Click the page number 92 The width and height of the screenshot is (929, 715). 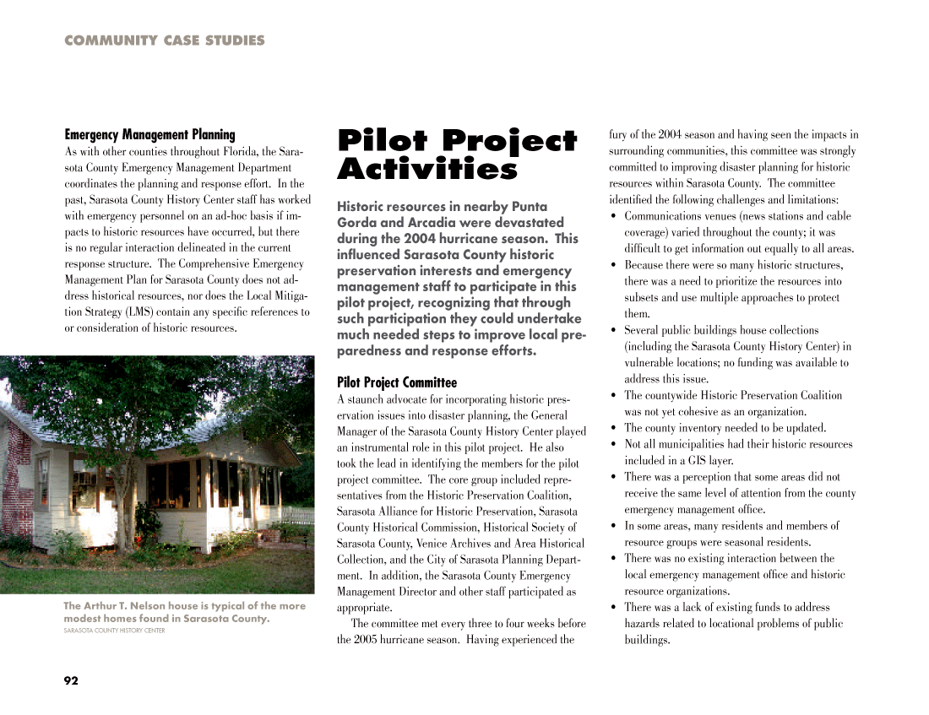[71, 680]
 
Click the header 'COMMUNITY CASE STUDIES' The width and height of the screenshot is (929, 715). [164, 41]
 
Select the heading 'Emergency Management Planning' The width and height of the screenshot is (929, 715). [149, 135]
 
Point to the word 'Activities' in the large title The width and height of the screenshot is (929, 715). [426, 171]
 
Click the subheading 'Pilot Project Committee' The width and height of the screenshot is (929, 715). [396, 382]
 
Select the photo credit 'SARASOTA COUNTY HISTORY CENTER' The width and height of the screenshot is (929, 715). [114, 631]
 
